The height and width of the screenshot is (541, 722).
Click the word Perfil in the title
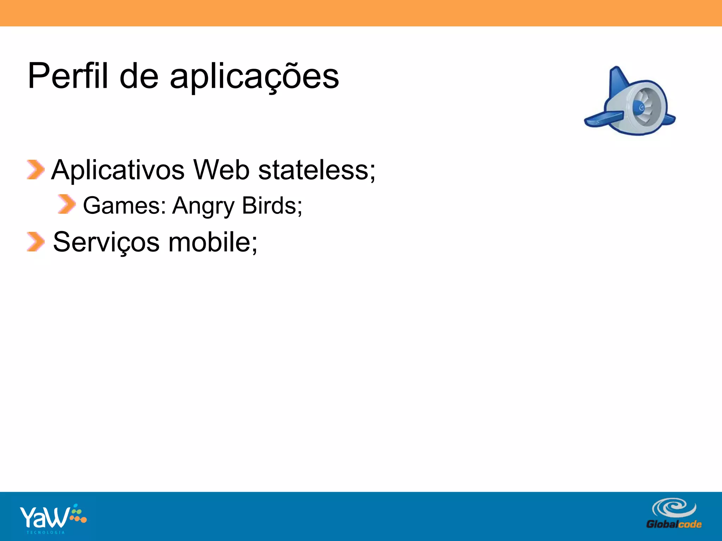click(x=67, y=76)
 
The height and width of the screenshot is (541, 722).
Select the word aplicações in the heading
click(x=254, y=77)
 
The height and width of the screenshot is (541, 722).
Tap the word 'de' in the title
click(x=139, y=76)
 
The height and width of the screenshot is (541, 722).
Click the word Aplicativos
click(x=118, y=170)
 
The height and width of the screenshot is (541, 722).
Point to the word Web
click(x=221, y=170)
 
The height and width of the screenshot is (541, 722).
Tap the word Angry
click(x=203, y=206)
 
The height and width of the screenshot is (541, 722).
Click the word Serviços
click(x=106, y=242)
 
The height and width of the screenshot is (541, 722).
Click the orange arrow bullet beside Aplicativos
click(x=35, y=170)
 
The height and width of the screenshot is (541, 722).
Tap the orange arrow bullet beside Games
click(x=67, y=204)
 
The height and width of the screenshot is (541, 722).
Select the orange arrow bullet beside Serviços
click(x=35, y=242)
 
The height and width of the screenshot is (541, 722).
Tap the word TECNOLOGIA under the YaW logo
click(x=46, y=532)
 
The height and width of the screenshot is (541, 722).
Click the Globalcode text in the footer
click(x=674, y=524)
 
